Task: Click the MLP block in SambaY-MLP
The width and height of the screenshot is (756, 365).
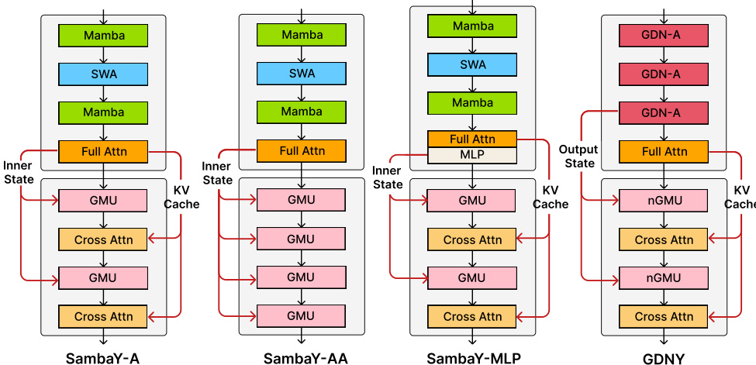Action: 472,156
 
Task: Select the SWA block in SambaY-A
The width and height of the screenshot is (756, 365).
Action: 103,74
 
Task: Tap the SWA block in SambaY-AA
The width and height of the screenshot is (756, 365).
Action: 302,74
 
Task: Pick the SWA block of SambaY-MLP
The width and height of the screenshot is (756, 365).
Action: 472,64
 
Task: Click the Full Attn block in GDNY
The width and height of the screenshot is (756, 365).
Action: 664,152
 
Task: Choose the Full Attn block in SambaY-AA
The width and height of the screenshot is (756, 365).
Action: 302,151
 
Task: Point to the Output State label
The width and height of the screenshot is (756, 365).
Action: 578,157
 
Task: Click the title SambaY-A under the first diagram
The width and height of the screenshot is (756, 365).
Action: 102,357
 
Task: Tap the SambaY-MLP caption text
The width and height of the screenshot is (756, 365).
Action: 474,357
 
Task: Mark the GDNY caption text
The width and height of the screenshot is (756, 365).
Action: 664,357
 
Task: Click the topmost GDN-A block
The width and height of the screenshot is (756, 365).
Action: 664,36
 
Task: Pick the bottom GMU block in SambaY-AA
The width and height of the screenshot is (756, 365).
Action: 302,315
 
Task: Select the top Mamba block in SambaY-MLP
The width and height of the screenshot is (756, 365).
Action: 472,26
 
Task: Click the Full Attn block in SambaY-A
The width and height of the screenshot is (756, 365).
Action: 103,151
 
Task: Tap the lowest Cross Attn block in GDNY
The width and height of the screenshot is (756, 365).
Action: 664,316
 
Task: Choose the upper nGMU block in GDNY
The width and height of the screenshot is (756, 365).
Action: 664,201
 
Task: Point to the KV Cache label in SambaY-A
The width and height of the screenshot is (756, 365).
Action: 181,198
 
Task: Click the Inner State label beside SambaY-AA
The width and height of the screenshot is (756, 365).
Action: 216,174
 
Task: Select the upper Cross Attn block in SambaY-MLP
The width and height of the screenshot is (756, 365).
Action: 472,239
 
